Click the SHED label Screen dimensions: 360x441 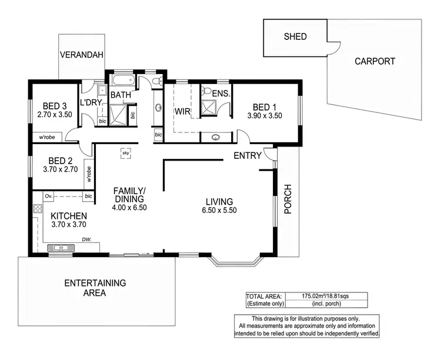[295, 36]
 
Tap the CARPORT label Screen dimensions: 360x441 [375, 61]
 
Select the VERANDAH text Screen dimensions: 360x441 [82, 55]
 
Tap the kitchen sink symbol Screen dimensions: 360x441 [60, 247]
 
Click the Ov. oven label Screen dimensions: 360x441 [48, 195]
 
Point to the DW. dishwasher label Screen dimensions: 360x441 [86, 239]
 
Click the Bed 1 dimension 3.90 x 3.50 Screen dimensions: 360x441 [265, 116]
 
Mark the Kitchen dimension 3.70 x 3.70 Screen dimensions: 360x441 [68, 225]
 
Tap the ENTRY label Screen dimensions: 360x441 [248, 156]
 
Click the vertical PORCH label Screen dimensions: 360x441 [288, 199]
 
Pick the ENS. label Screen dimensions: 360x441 [220, 94]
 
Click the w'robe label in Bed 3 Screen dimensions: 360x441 [47, 137]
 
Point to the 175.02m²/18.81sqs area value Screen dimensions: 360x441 [326, 296]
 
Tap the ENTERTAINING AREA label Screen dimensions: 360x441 [95, 288]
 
